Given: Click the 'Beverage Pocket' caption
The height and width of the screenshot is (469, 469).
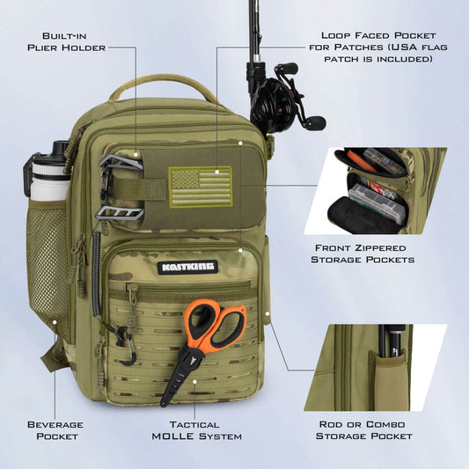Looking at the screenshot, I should coord(55,429).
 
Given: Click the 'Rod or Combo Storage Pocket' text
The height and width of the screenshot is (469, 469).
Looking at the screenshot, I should coord(364,429).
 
